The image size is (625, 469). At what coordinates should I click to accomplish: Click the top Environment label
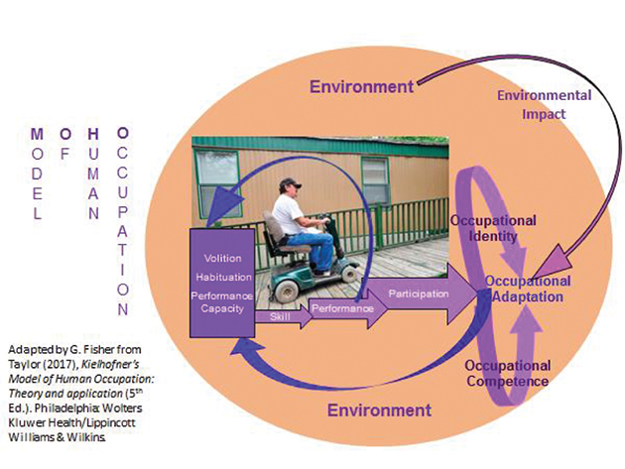click(x=360, y=87)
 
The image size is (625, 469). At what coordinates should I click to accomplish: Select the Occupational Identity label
click(x=493, y=227)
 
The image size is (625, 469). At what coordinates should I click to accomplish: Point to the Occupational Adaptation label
click(x=528, y=290)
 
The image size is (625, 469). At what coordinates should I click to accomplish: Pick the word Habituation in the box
click(x=227, y=279)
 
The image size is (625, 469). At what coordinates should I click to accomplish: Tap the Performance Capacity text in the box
click(x=228, y=302)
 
